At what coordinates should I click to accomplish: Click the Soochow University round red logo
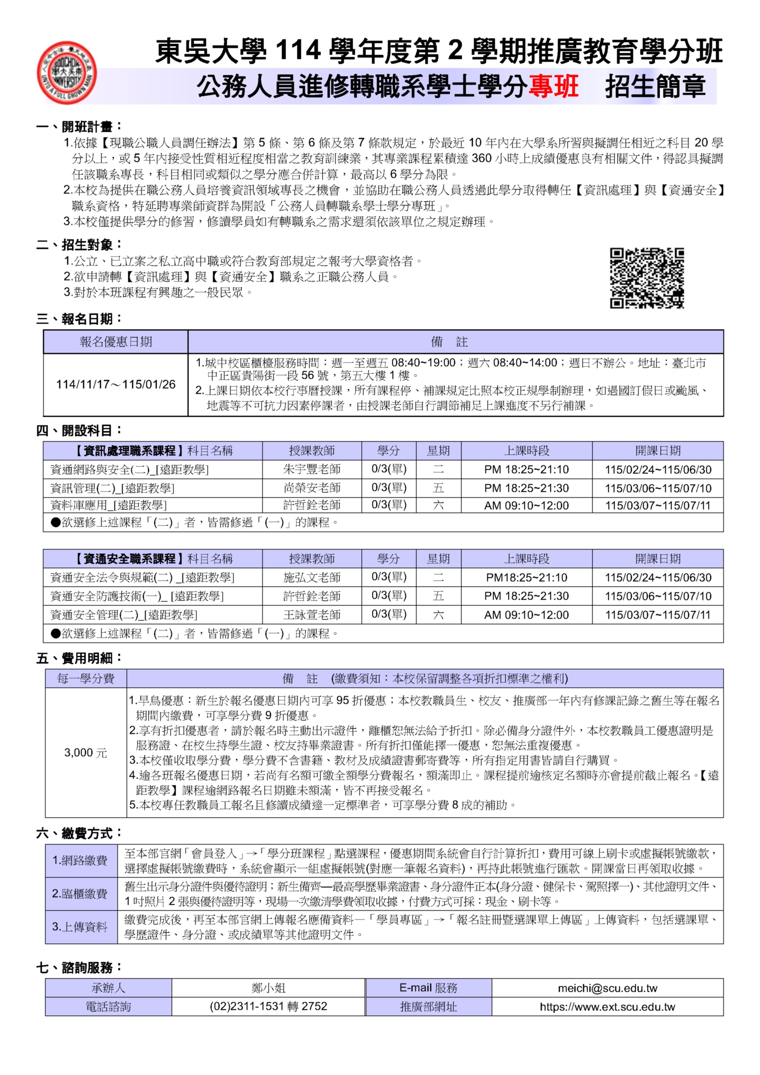coord(67,73)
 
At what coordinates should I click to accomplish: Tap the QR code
coord(646,278)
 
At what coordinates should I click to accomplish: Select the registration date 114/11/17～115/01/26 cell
coord(116,384)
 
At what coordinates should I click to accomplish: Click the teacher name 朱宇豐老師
coord(312,469)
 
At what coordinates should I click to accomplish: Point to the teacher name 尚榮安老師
coord(312,488)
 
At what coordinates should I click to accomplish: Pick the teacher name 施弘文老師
coord(312,577)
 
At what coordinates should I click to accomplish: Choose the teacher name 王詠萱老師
coord(312,615)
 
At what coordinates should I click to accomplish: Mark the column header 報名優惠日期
coord(116,342)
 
